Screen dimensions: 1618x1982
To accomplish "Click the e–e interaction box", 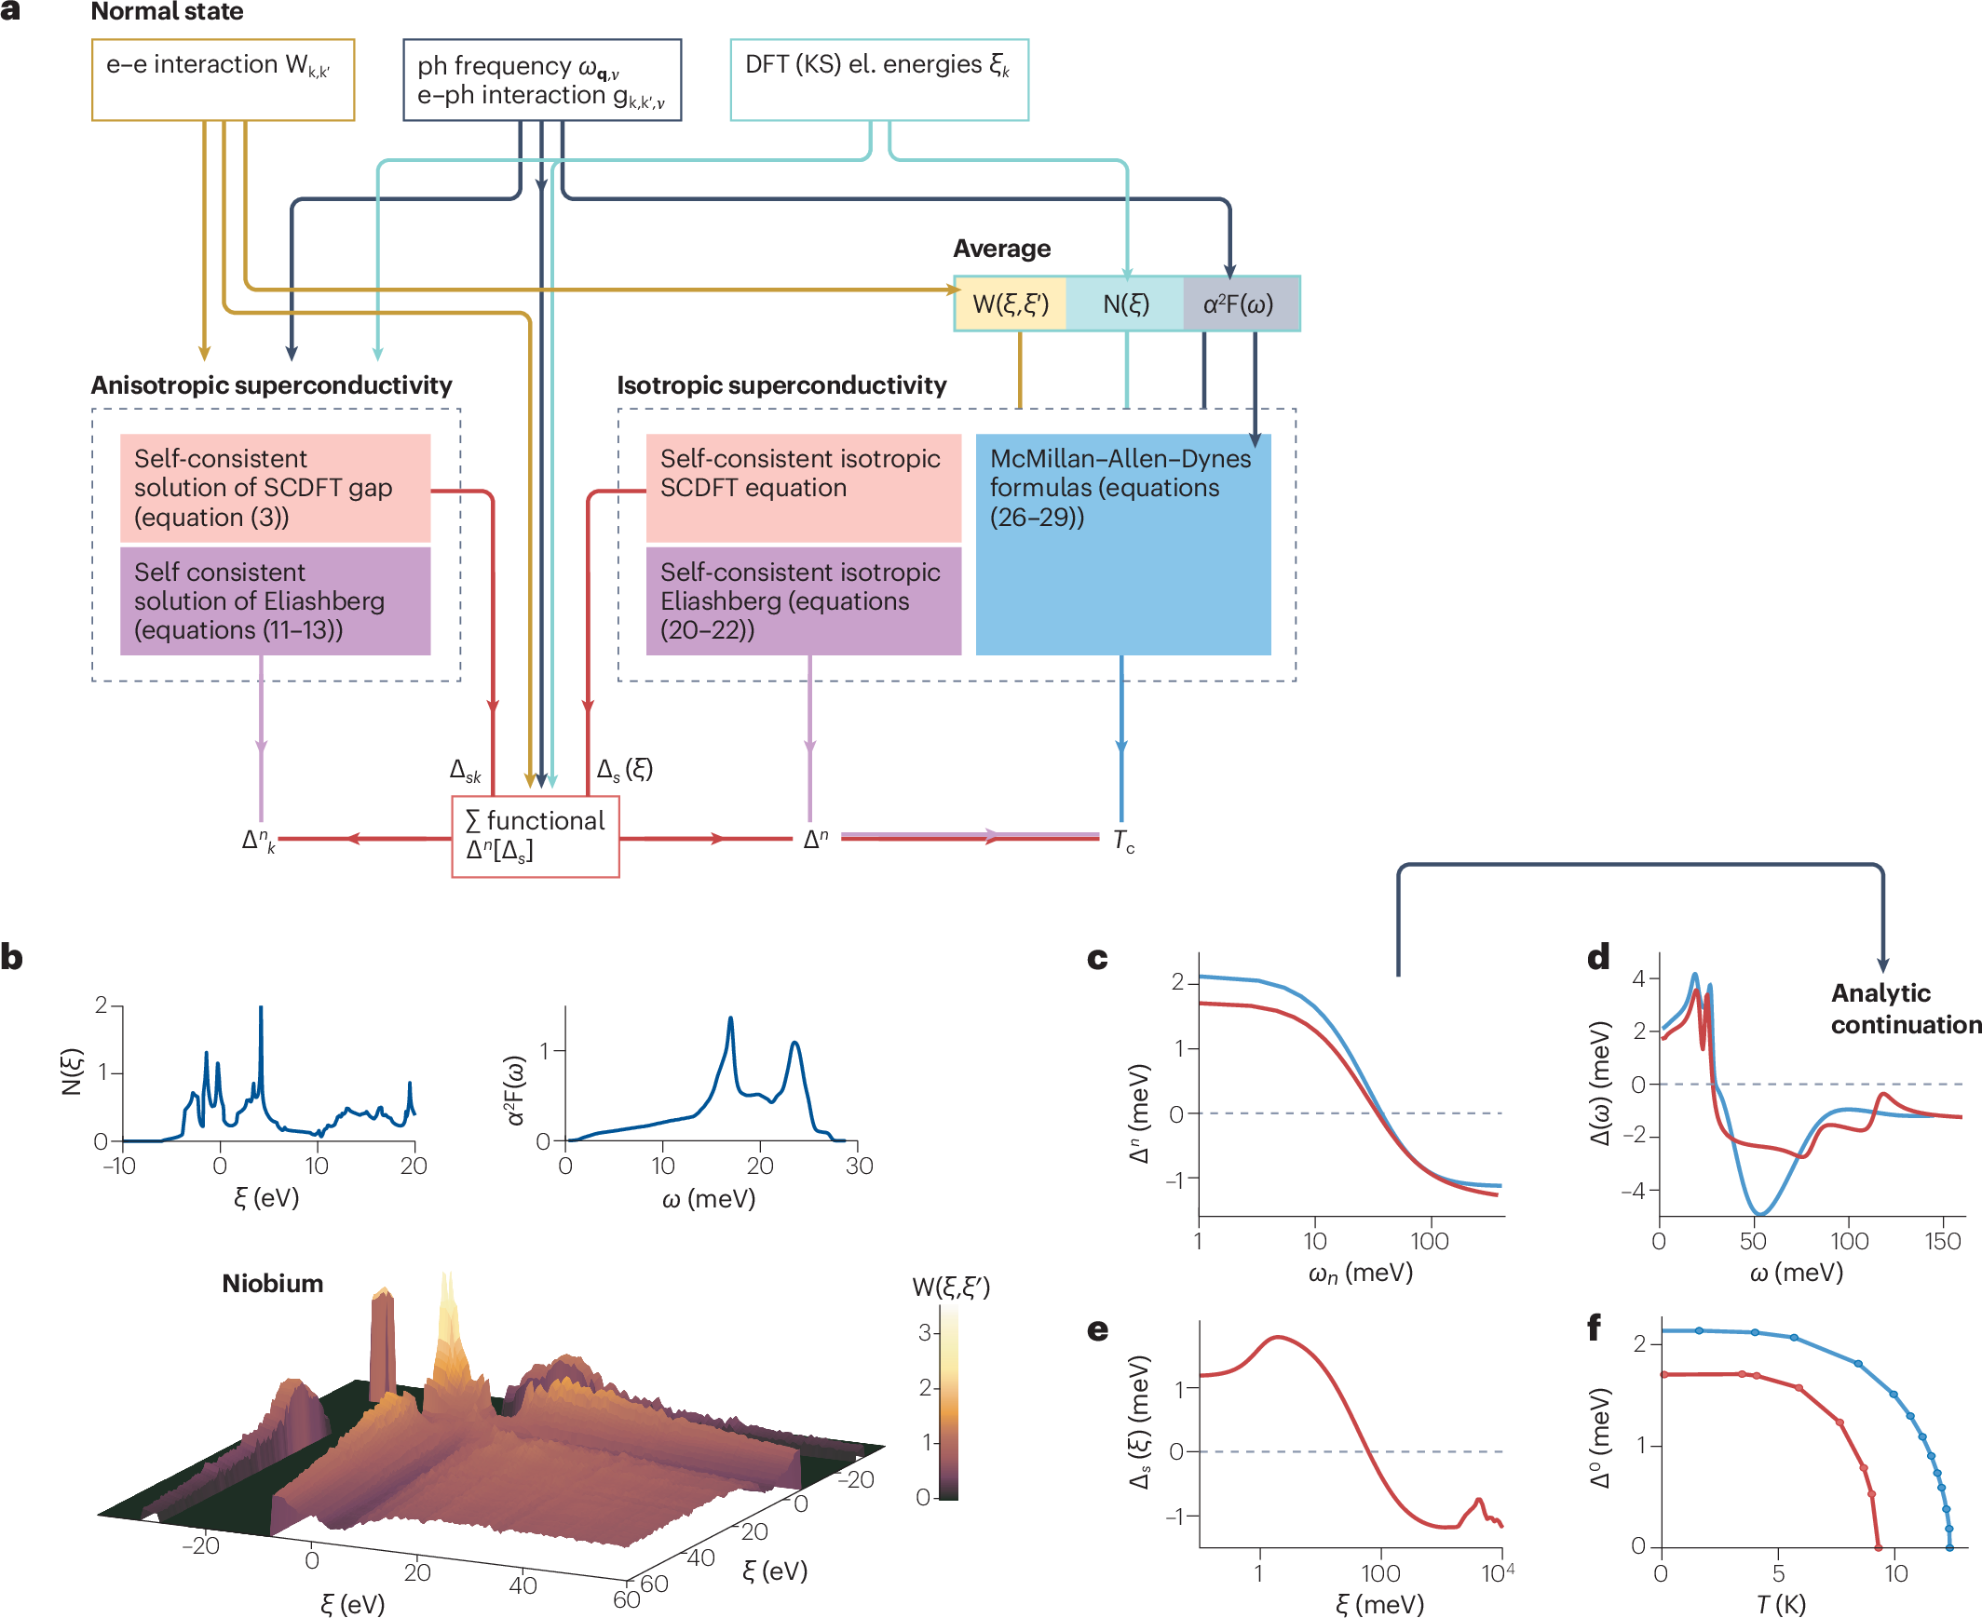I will tap(223, 79).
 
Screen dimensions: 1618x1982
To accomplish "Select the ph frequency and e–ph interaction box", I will tap(542, 80).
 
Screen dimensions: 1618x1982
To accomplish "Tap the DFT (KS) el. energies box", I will tap(878, 79).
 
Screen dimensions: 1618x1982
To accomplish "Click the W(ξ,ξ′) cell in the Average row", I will tap(1011, 303).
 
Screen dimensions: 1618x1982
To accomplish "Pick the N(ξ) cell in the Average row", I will tap(1125, 303).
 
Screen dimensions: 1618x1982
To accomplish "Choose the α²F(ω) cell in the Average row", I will tap(1239, 303).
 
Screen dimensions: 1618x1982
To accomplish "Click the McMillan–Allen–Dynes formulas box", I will tap(1122, 544).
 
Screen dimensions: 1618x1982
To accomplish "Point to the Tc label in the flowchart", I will tap(1123, 841).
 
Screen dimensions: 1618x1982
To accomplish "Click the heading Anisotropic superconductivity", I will tap(271, 384).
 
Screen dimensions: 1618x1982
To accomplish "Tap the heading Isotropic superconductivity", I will tap(781, 384).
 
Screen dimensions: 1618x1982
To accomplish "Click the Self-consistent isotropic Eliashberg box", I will tap(803, 600).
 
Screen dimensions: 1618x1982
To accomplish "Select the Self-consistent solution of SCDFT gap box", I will tap(275, 488).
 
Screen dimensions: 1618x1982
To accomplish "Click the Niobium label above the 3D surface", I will tap(272, 1284).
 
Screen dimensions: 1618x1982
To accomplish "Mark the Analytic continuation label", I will tap(1905, 1008).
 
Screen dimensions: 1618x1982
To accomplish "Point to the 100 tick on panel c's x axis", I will tap(1429, 1242).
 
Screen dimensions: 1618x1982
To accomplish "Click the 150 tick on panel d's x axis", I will tap(1943, 1242).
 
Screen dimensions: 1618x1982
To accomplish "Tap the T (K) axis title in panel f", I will tap(1781, 1604).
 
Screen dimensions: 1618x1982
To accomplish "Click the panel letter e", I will tap(1097, 1329).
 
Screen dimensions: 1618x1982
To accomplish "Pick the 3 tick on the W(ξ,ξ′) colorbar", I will tap(925, 1333).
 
